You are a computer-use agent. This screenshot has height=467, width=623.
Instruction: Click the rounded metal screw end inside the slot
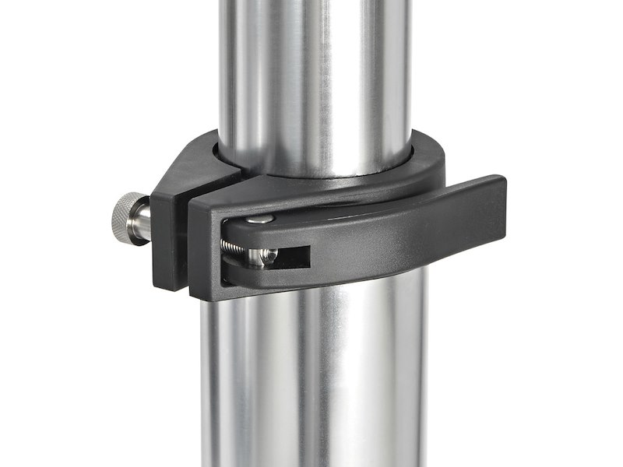point(267,255)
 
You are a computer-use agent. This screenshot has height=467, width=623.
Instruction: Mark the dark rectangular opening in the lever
point(292,255)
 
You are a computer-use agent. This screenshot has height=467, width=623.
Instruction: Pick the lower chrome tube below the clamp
point(311,374)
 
